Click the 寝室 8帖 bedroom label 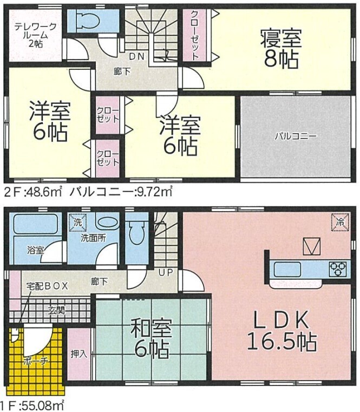pyautogui.click(x=280, y=49)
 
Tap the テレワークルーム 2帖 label pyautogui.click(x=35, y=35)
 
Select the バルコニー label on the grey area pyautogui.click(x=296, y=136)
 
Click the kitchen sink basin pyautogui.click(x=287, y=269)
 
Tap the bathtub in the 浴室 pyautogui.click(x=36, y=224)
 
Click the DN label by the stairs pyautogui.click(x=136, y=57)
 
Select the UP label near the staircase pyautogui.click(x=166, y=272)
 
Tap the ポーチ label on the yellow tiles pyautogui.click(x=36, y=361)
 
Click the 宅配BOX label pyautogui.click(x=47, y=286)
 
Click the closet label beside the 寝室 pyautogui.click(x=194, y=35)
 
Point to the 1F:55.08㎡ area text pyautogui.click(x=32, y=406)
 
